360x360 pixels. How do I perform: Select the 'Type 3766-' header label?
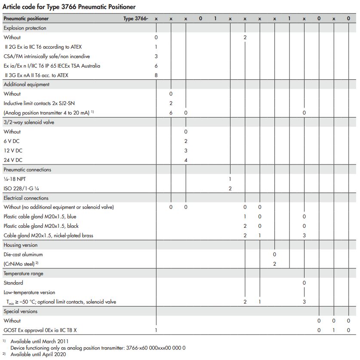point(135,19)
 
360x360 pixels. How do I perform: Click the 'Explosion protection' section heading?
point(25,28)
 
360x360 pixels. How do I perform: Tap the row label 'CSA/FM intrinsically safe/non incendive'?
point(47,56)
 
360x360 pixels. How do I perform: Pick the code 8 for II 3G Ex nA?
point(156,75)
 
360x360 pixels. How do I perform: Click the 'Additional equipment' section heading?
point(27,84)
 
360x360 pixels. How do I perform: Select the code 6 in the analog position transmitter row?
point(171,113)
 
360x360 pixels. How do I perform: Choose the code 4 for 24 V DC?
point(186,160)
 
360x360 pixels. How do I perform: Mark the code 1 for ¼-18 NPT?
point(230,179)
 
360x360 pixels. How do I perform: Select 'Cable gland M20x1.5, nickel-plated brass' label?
point(48,236)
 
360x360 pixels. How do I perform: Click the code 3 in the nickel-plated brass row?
point(304,236)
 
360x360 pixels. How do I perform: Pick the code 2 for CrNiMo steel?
point(274,264)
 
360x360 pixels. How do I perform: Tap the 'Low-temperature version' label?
point(29,292)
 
